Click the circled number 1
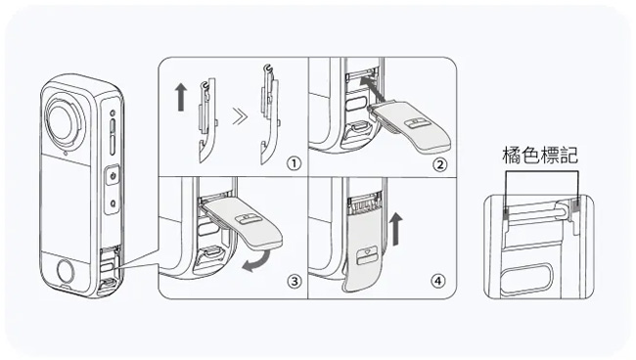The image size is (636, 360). click(x=294, y=163)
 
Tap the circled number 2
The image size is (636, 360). click(x=439, y=165)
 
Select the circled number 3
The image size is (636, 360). click(x=295, y=282)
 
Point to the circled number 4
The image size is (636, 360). click(x=436, y=281)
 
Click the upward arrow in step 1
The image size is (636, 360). click(x=181, y=97)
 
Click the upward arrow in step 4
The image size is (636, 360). click(x=396, y=230)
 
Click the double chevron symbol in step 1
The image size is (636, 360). click(x=240, y=117)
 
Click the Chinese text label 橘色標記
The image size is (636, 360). click(x=540, y=156)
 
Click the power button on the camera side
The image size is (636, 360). click(x=114, y=176)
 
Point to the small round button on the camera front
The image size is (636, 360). click(x=66, y=271)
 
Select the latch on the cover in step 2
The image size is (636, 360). click(x=418, y=123)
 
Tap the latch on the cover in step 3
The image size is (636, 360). click(x=248, y=219)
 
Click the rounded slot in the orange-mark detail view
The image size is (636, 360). click(x=526, y=278)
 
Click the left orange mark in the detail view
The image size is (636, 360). click(x=506, y=213)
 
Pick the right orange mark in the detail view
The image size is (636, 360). click(x=575, y=207)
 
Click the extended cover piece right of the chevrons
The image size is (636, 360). click(x=269, y=114)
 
